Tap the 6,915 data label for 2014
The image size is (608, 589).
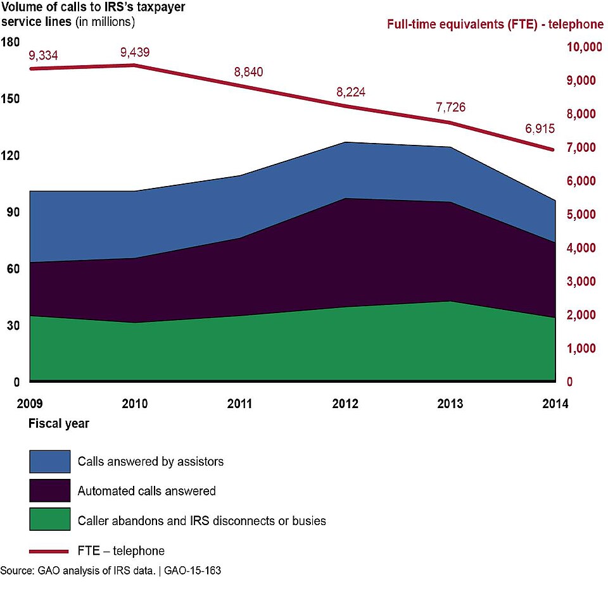540,129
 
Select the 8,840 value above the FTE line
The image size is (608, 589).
248,72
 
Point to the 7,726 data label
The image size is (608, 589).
450,107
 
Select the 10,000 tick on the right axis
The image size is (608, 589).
580,47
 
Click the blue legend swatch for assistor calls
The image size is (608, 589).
49,462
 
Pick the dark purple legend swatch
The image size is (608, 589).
49,491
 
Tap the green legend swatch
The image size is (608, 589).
49,520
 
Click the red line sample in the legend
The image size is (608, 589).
49,551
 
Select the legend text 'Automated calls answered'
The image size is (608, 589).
146,491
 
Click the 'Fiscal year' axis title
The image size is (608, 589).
58,424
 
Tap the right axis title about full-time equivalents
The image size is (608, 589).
495,25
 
